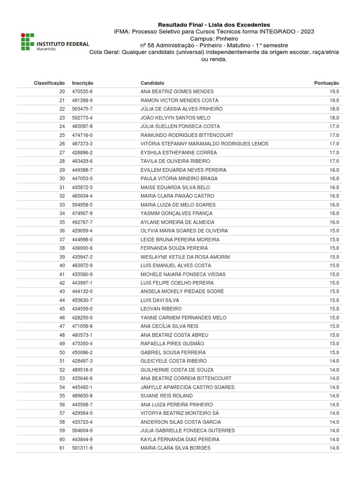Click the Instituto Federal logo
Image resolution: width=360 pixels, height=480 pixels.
[54, 42]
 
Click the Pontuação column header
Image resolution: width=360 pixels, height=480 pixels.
[326, 83]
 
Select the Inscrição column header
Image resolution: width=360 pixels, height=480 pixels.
[82, 83]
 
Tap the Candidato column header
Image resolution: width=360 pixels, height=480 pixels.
[152, 83]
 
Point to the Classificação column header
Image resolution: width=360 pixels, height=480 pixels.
[49, 83]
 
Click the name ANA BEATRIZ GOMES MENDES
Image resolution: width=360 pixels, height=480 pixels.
[177, 91]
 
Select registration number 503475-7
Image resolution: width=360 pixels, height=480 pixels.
[82, 109]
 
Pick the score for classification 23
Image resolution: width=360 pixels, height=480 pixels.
[334, 118]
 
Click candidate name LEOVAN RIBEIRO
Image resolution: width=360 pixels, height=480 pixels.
[161, 309]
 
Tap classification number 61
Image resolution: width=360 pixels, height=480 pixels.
[62, 448]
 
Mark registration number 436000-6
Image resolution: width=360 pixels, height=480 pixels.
[82, 248]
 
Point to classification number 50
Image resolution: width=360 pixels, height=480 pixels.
[62, 352]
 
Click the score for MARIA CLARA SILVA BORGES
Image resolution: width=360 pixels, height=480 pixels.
[334, 448]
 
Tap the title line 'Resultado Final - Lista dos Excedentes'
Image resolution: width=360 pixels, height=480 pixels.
[214, 25]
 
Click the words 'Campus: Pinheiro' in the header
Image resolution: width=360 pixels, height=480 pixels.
[214, 38]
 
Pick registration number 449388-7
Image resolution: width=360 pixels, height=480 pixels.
[82, 170]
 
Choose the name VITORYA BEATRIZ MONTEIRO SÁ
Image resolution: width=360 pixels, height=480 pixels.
[180, 413]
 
